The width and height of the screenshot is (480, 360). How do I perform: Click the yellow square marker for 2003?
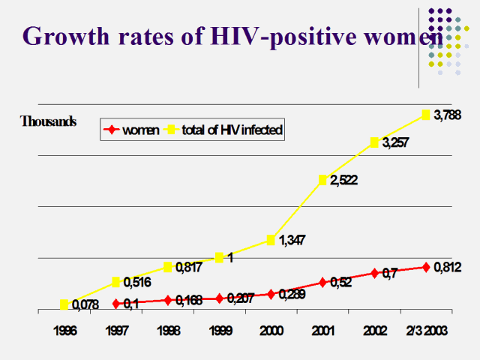426,115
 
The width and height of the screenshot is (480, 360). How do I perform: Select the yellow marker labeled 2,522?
323,180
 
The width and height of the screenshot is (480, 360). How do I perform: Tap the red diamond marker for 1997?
116,304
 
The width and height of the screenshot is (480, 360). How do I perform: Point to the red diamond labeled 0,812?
426,267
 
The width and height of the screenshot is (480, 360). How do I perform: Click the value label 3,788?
447,115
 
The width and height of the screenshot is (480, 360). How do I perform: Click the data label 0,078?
86,304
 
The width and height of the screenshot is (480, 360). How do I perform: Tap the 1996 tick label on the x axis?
64,331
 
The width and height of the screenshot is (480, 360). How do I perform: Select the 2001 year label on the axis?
322,331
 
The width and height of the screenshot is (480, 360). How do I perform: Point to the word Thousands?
48,121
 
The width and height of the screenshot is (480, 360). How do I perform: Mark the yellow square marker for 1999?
220,258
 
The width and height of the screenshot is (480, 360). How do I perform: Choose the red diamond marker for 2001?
323,282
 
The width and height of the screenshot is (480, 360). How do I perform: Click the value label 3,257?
395,142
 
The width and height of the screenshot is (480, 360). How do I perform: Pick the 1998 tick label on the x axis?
168,331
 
